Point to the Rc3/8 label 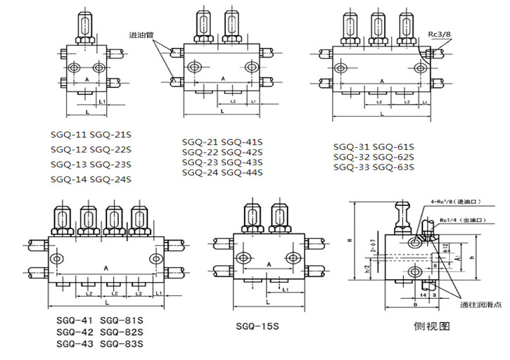(440, 32)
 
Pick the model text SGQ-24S (111, 179)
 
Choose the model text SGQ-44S (242, 172)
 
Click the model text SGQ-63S (393, 167)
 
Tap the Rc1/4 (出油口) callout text (461, 221)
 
